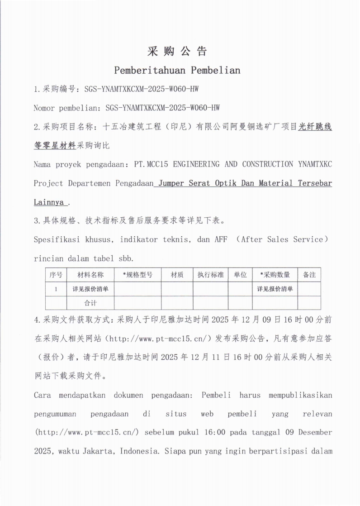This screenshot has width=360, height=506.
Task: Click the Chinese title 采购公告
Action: click(x=177, y=51)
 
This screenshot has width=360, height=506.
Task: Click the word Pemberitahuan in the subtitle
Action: click(x=150, y=70)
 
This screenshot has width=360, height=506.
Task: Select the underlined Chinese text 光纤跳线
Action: click(x=315, y=127)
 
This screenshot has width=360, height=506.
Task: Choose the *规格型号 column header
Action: click(x=137, y=275)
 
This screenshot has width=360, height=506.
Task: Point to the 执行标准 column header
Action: click(x=210, y=275)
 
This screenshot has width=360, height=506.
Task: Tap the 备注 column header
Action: click(x=309, y=275)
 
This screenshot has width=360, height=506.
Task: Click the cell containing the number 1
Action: click(x=56, y=289)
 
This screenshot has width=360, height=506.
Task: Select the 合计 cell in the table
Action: click(x=90, y=303)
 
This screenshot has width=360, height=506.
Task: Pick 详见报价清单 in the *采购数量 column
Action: click(x=275, y=289)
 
